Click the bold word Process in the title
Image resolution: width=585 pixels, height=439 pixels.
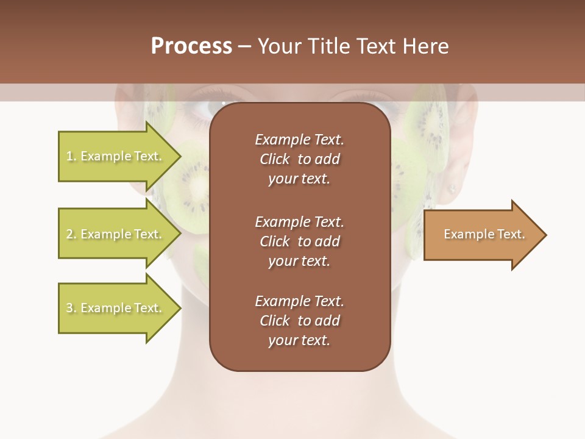[x=191, y=46]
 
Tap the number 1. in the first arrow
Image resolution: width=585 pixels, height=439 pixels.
[x=71, y=156]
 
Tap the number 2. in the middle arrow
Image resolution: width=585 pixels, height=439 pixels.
[x=71, y=234]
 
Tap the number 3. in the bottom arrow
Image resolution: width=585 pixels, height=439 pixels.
[x=71, y=308]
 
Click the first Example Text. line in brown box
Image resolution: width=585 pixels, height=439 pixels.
[x=299, y=140]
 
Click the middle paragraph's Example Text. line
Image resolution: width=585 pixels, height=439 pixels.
[x=299, y=222]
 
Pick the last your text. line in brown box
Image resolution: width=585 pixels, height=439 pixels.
[x=299, y=340]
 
